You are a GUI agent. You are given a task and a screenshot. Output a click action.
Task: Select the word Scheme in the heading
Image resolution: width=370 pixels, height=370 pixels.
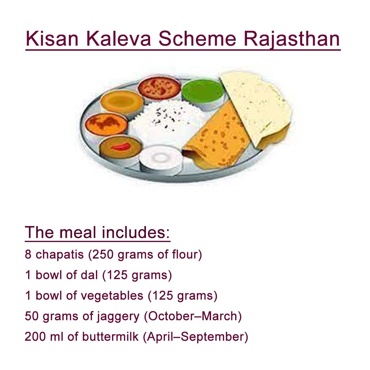[x=197, y=39]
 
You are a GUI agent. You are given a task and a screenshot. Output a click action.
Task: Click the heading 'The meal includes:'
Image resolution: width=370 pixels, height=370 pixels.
[x=97, y=233]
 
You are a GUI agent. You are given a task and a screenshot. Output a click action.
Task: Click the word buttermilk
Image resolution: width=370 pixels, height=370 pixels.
[x=110, y=337]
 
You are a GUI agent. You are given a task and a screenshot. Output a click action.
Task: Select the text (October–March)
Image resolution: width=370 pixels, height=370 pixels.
[x=193, y=316]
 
